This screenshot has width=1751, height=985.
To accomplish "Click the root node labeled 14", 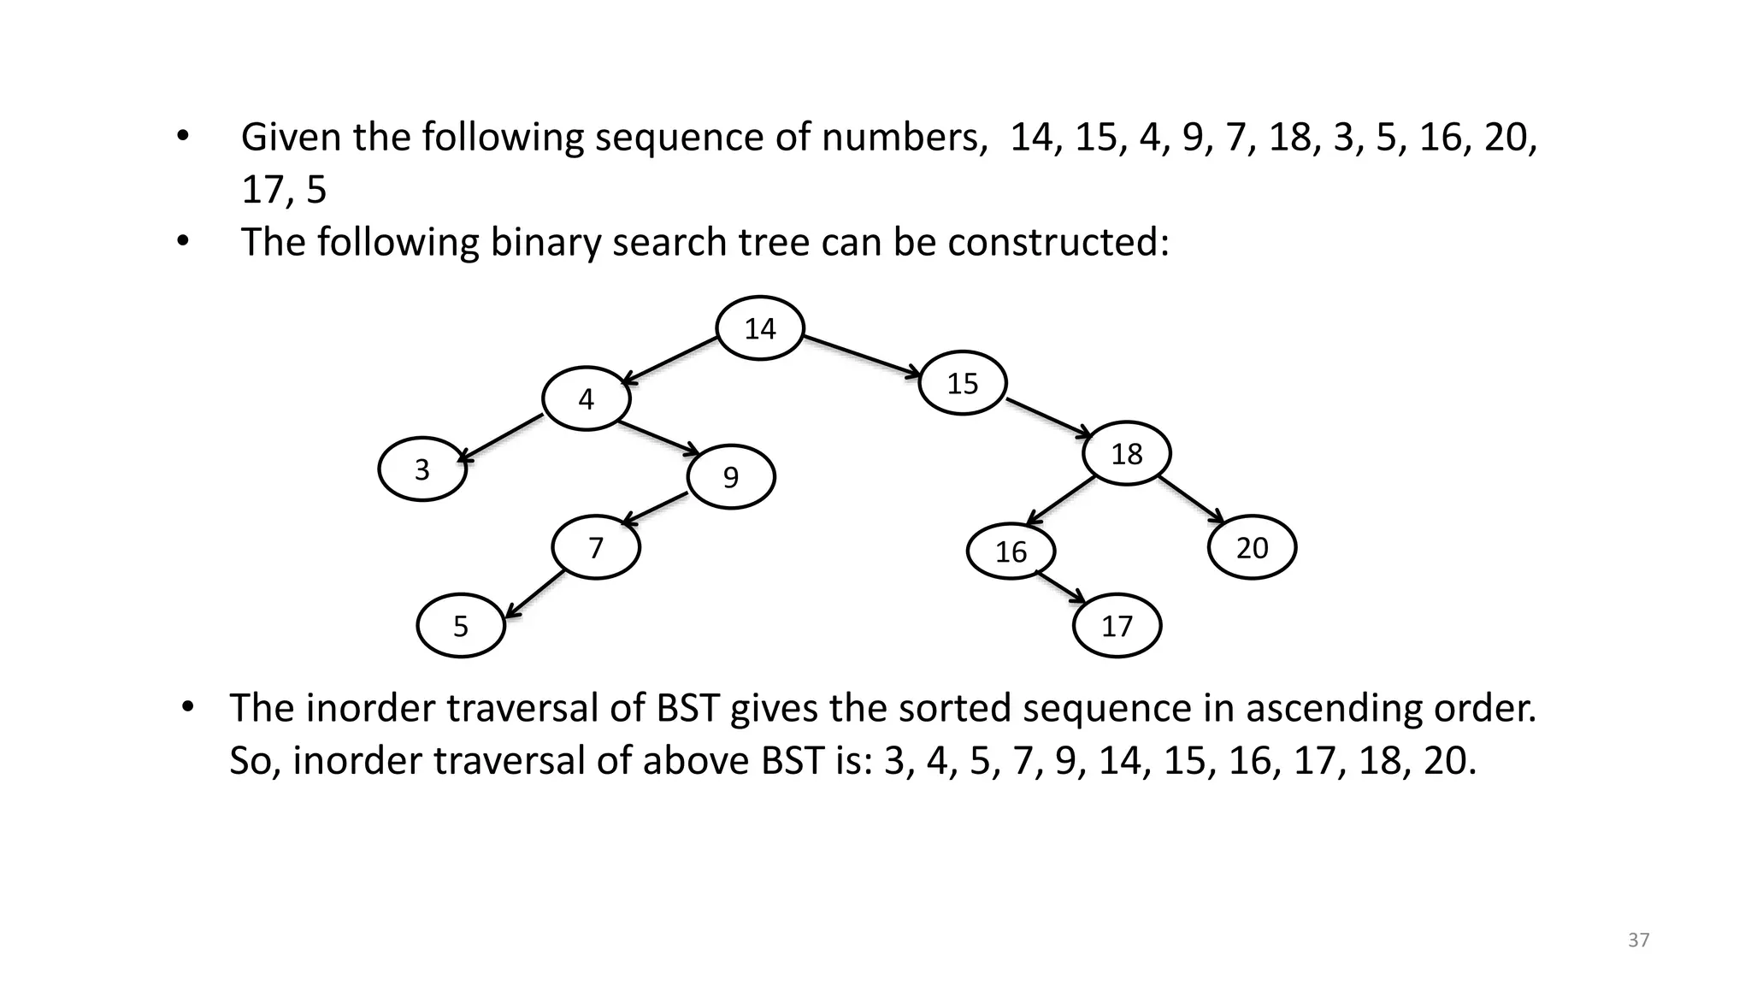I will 759,328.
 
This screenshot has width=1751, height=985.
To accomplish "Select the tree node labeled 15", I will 962,383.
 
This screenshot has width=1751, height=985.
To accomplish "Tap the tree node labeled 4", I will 586,398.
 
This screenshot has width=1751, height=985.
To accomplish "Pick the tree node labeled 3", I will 422,469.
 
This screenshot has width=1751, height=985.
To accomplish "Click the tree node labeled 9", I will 731,477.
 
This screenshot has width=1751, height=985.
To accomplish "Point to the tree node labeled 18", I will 1126,453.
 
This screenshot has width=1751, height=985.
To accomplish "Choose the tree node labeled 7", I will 596,547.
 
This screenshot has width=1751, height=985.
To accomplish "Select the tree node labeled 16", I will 1011,552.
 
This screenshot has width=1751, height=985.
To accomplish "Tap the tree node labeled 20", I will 1252,547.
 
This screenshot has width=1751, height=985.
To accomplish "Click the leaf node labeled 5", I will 461,626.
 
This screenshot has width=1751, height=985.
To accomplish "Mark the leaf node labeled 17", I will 1117,626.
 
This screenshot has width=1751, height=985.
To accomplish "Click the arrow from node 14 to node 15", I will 862,355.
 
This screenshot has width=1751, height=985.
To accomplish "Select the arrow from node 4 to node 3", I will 504,438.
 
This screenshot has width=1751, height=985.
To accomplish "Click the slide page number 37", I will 1638,941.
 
